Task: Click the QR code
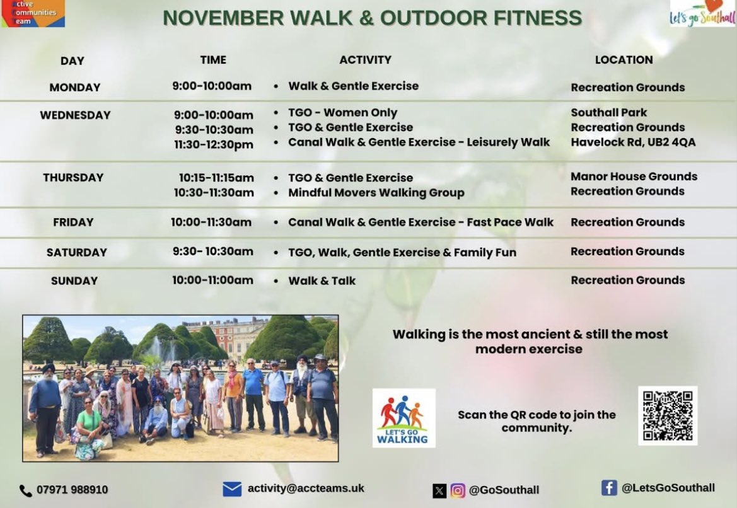tap(668, 415)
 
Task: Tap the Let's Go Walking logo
tap(403, 418)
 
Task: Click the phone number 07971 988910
tap(72, 490)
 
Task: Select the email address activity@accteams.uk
tap(306, 488)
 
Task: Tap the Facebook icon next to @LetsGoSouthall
tap(608, 488)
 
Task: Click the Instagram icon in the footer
tap(458, 490)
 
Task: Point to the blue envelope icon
tap(232, 489)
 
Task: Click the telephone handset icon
tap(26, 490)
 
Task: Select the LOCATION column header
tap(624, 60)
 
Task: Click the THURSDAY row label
tap(73, 178)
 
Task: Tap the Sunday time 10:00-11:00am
tap(212, 280)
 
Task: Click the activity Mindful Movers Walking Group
tap(376, 193)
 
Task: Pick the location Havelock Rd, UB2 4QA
tap(633, 142)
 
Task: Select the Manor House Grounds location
tap(634, 176)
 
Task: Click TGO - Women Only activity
tap(342, 113)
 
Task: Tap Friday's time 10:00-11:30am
tap(211, 222)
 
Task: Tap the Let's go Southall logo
tap(702, 13)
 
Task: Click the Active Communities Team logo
tap(32, 13)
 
